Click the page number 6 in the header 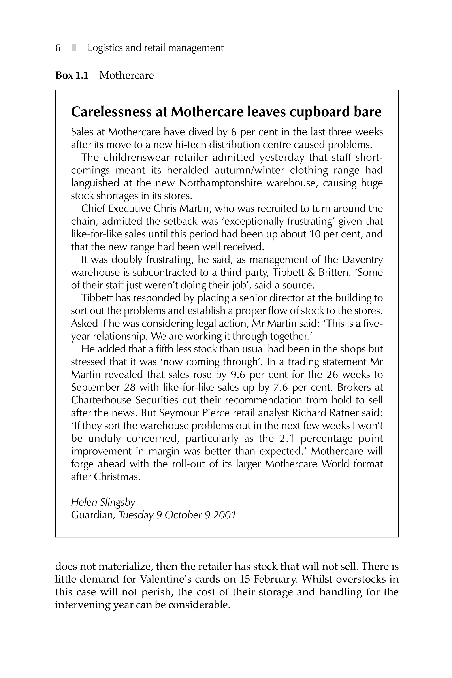[x=58, y=48]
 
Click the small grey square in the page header [x=74, y=48]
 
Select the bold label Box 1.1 [x=72, y=75]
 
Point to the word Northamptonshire [x=220, y=183]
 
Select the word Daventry [x=362, y=260]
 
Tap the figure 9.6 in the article [x=238, y=375]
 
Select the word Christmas [x=117, y=477]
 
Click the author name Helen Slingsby [x=103, y=503]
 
